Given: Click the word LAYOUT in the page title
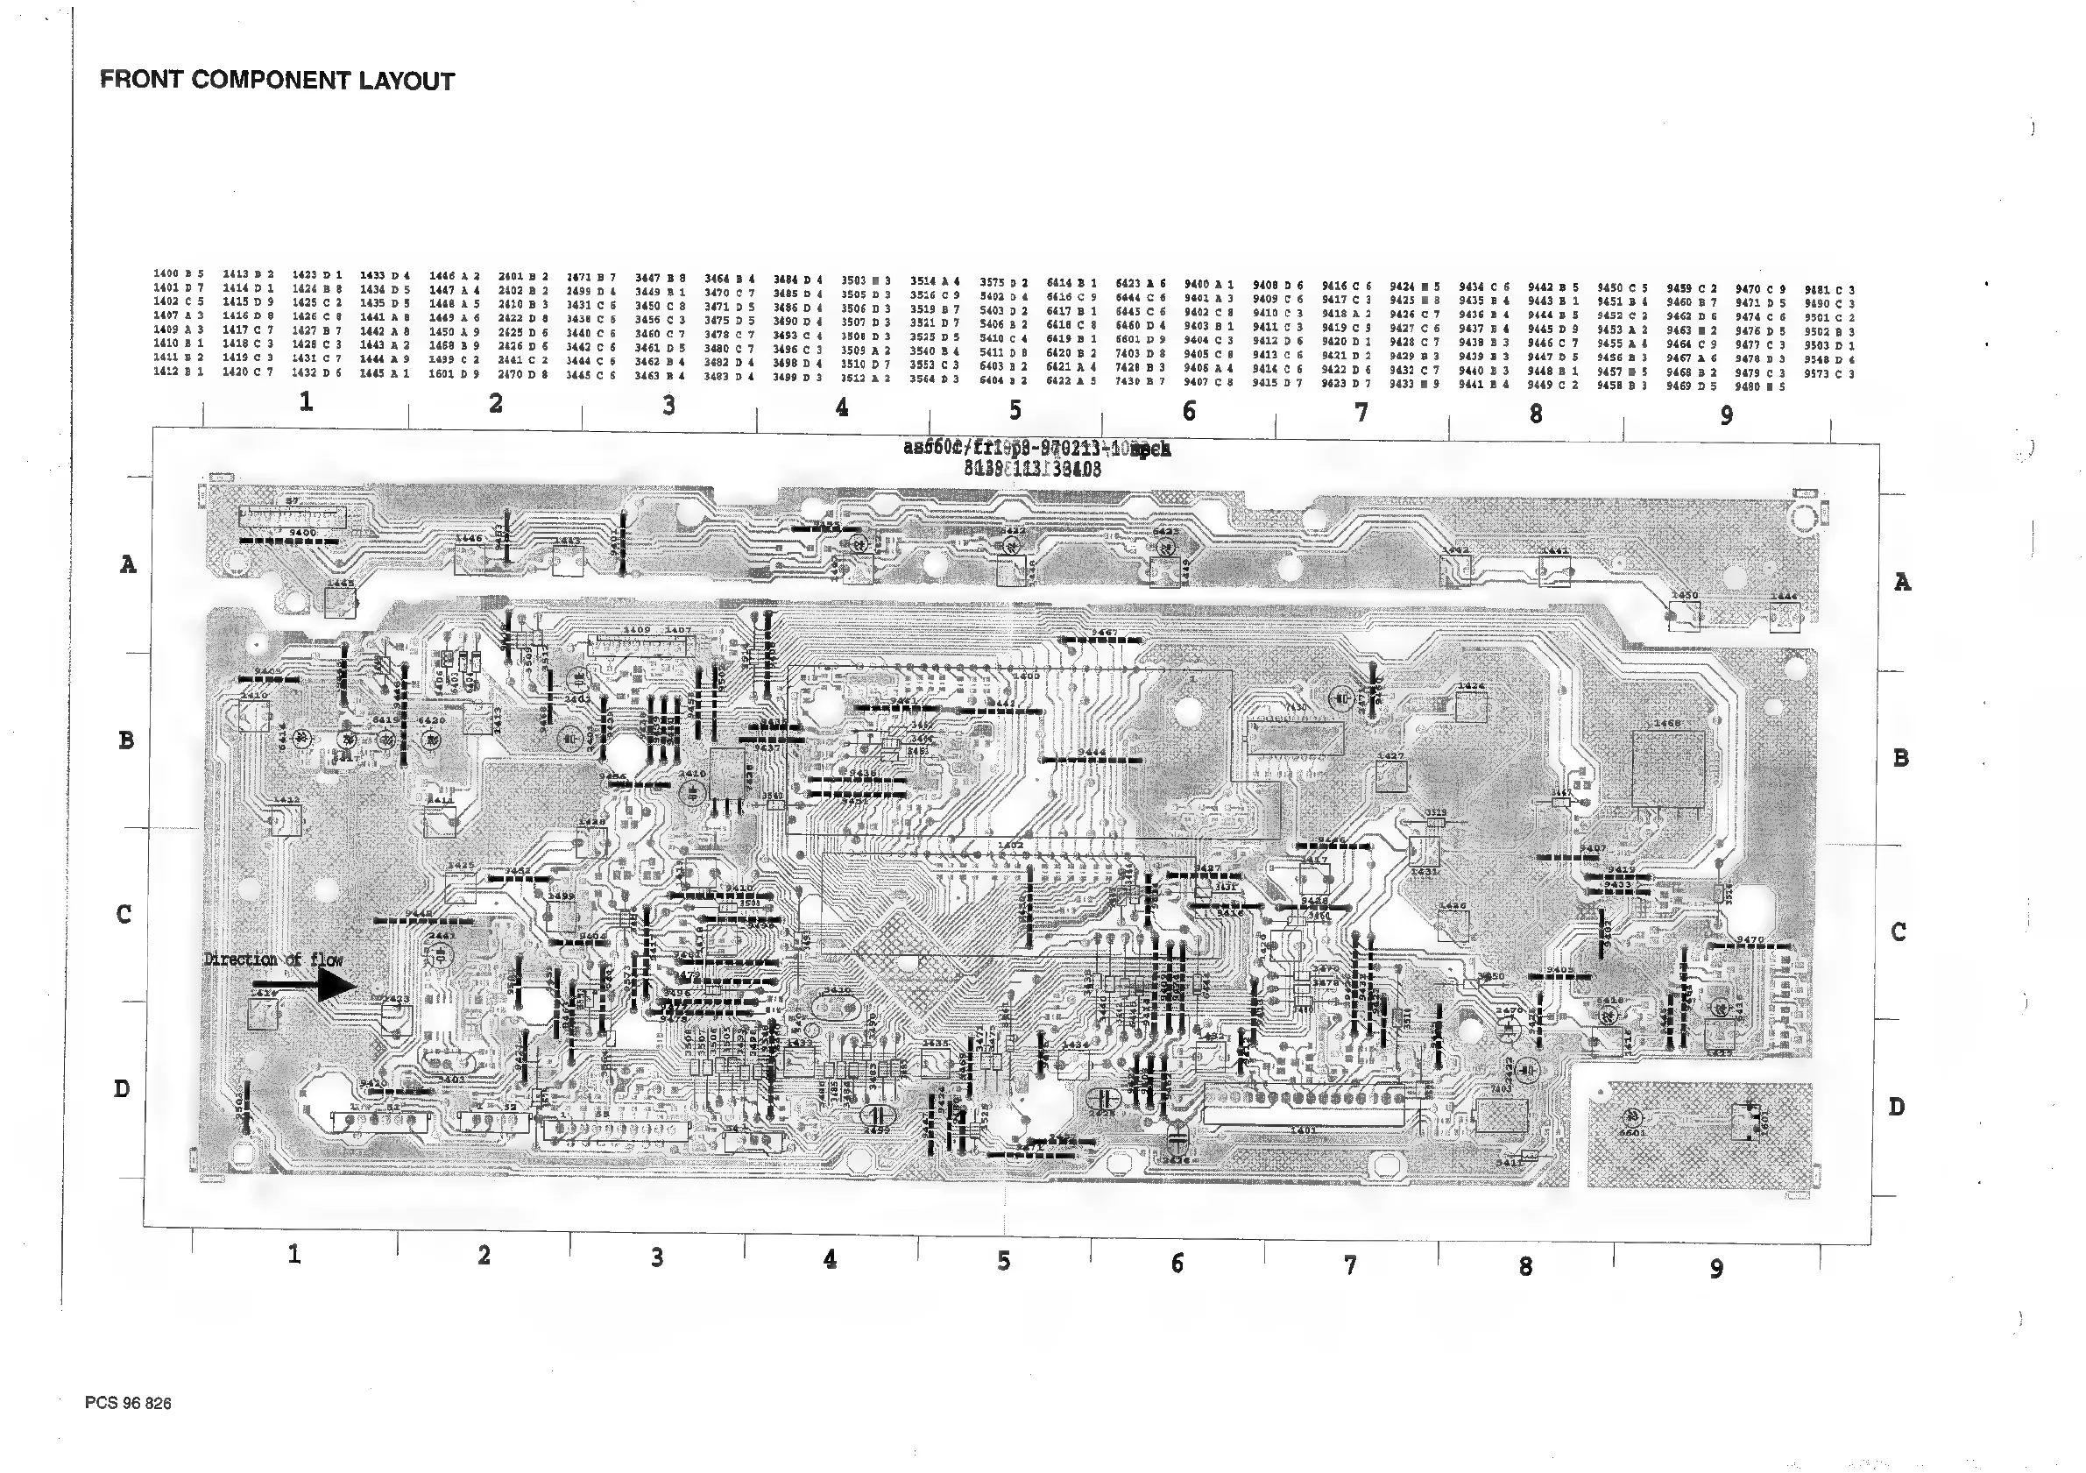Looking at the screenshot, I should coord(407,81).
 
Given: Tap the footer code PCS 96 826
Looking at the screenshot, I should coord(128,1403).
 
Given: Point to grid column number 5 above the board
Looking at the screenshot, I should coord(1015,411).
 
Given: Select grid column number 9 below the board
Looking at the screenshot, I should coord(1716,1269).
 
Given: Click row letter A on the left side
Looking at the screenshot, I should coord(128,564).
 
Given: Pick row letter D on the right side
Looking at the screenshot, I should coord(1896,1107).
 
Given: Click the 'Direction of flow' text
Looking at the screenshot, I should coord(273,960).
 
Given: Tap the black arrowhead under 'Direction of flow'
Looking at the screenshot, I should coord(336,985).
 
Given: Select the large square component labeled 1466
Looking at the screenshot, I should coord(1667,768).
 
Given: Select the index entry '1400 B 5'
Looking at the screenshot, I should coord(178,273).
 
